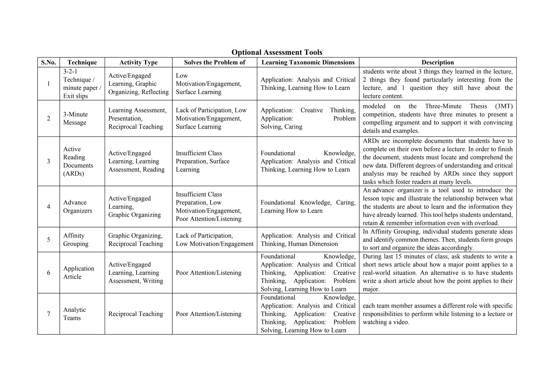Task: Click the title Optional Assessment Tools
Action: tap(277, 52)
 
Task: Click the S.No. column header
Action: tap(48, 63)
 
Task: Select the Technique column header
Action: tap(82, 63)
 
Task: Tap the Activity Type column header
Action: tap(138, 63)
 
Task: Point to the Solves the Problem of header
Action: tap(215, 63)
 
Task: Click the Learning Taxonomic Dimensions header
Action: tap(308, 63)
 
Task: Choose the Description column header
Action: tap(437, 63)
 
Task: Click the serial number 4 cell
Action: tap(48, 207)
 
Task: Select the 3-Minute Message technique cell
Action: tap(75, 119)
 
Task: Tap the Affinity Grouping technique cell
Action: tap(76, 240)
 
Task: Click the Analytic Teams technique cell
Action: tap(74, 314)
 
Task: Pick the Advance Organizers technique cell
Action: tap(77, 207)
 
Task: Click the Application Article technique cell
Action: tap(78, 273)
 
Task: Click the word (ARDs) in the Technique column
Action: tap(74, 174)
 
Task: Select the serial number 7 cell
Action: tap(48, 314)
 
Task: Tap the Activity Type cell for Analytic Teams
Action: tap(136, 314)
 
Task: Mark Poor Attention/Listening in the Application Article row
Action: tap(209, 273)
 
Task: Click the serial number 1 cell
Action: tap(48, 84)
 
